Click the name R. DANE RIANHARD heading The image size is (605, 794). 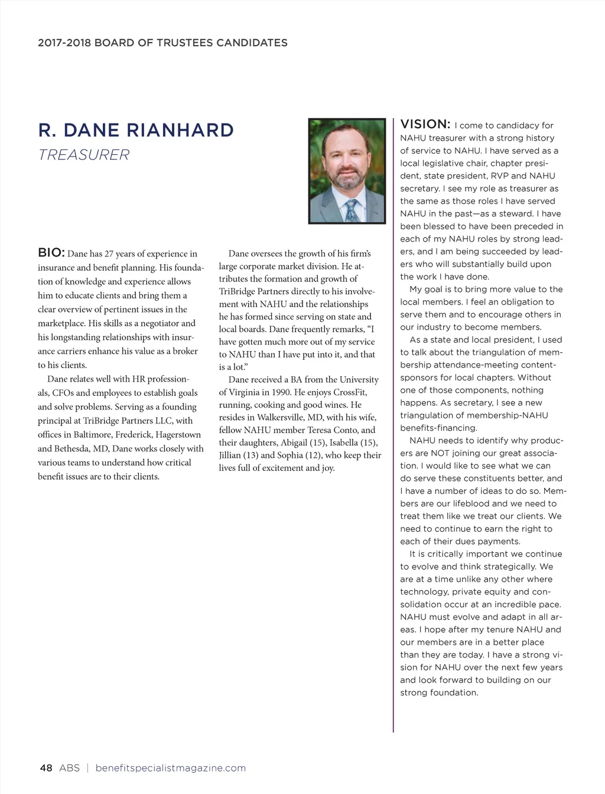coord(136,130)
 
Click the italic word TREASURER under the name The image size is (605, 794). coord(83,155)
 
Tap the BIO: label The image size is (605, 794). coord(51,253)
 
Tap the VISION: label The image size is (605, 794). coord(425,124)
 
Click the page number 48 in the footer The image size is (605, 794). coord(45,768)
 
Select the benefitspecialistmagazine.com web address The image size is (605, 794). coord(170,768)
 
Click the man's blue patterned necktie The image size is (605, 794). coord(352,210)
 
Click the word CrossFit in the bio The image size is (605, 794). coord(350,392)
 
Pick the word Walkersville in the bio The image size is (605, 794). coord(281,418)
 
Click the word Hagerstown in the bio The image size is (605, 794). coord(178,434)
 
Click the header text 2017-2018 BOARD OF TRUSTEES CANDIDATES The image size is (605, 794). coord(162,43)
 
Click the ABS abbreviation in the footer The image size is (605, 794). coord(69,768)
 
